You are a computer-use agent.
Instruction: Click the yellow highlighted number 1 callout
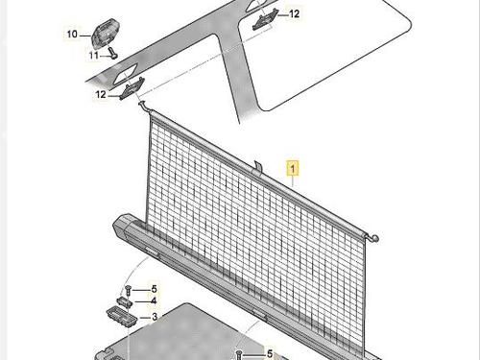[x=293, y=168]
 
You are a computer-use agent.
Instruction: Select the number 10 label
[x=72, y=34]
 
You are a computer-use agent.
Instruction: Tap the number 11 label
[x=94, y=56]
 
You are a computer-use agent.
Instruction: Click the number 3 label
[x=155, y=317]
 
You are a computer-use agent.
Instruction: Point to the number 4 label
[x=154, y=300]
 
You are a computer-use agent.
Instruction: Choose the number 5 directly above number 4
[x=155, y=289]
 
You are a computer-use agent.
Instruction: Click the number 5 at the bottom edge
[x=270, y=353]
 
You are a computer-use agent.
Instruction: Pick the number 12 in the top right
[x=294, y=13]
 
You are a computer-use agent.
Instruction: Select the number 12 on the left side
[x=101, y=94]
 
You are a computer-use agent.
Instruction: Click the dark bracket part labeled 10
[x=106, y=32]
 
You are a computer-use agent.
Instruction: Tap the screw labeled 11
[x=112, y=53]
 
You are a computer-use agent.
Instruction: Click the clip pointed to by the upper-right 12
[x=265, y=20]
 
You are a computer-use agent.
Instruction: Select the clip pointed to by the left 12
[x=132, y=88]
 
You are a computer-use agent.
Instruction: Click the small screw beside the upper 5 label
[x=129, y=290]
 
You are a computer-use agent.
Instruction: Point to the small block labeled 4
[x=125, y=301]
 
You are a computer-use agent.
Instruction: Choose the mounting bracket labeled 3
[x=121, y=317]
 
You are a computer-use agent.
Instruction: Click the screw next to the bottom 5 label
[x=239, y=354]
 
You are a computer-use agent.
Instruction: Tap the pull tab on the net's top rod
[x=257, y=168]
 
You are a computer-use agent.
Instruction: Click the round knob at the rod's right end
[x=374, y=238]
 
